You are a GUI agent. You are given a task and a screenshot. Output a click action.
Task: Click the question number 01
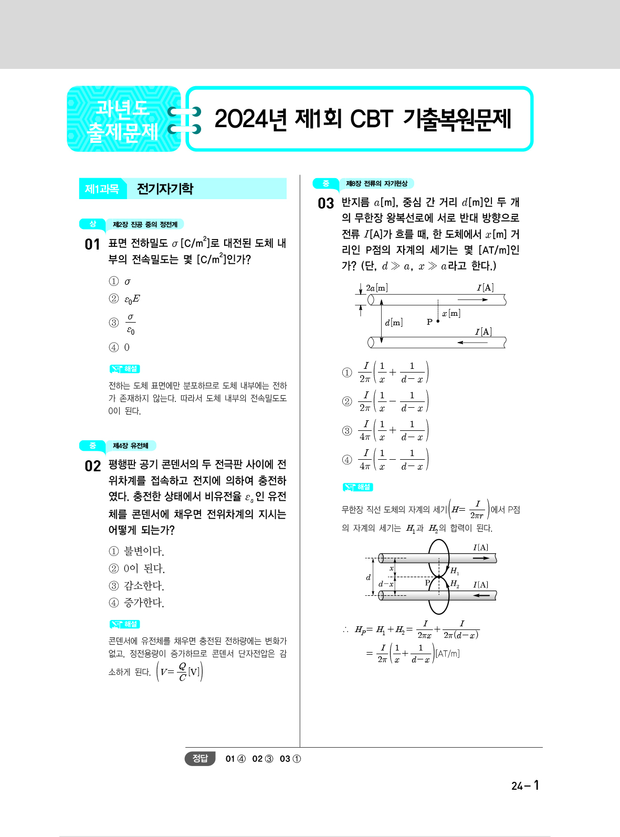(x=92, y=244)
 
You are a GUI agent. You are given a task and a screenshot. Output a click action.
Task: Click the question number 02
(x=92, y=466)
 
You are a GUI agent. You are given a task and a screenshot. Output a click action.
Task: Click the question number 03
(x=325, y=203)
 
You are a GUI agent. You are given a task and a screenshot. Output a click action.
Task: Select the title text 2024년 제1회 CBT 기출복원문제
(x=362, y=119)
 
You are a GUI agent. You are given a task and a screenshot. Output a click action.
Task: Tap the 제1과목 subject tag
(x=102, y=189)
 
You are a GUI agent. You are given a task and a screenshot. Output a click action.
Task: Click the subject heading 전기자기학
(x=165, y=189)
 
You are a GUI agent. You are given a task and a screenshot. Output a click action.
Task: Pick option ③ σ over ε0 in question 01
(x=123, y=323)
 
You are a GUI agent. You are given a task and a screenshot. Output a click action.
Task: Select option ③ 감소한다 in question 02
(x=136, y=586)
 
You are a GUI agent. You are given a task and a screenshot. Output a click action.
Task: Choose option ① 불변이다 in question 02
(x=136, y=551)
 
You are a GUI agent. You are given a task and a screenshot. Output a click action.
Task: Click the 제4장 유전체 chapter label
(x=131, y=446)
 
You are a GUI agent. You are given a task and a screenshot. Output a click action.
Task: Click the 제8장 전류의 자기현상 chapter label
(x=376, y=183)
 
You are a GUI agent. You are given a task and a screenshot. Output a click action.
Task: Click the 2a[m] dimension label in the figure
(x=377, y=288)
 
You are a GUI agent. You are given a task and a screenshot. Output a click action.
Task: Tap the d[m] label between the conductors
(x=394, y=323)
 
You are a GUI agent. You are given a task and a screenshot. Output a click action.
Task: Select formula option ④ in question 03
(x=386, y=460)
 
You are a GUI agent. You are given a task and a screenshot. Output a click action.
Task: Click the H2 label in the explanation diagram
(x=455, y=584)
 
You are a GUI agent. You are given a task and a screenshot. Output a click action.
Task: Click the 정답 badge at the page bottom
(x=200, y=758)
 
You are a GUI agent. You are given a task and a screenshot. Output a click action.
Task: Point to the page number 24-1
(x=525, y=786)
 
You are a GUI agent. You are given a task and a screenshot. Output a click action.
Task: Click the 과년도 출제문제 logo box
(x=123, y=119)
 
